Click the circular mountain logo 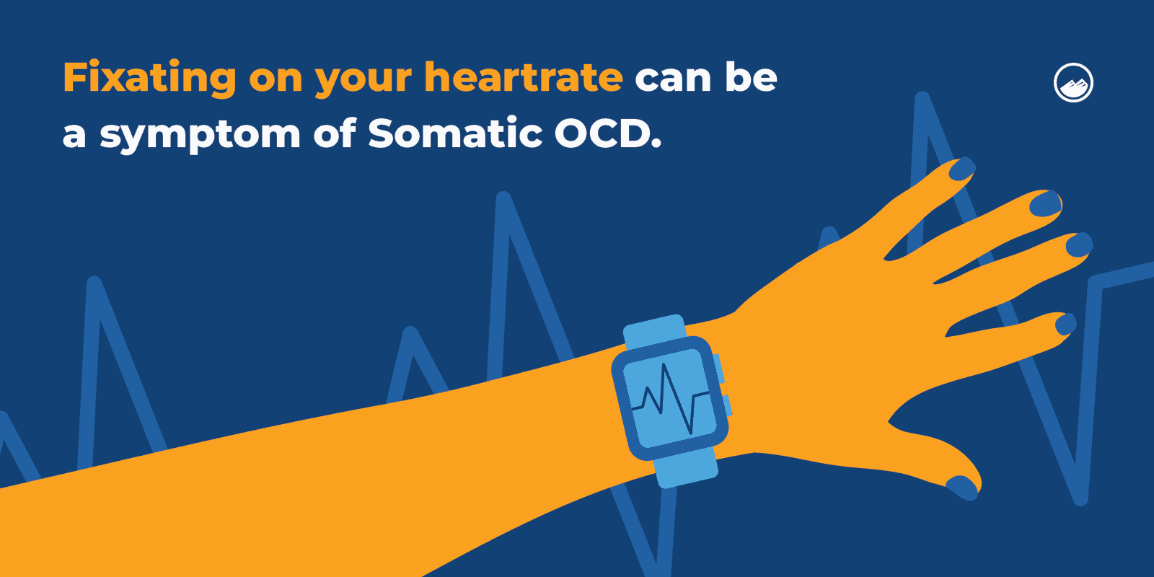[x=1073, y=83]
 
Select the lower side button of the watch [x=727, y=405]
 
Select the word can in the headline [x=672, y=78]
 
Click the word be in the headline [x=751, y=76]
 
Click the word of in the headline [x=334, y=133]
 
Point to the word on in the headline [x=276, y=78]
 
